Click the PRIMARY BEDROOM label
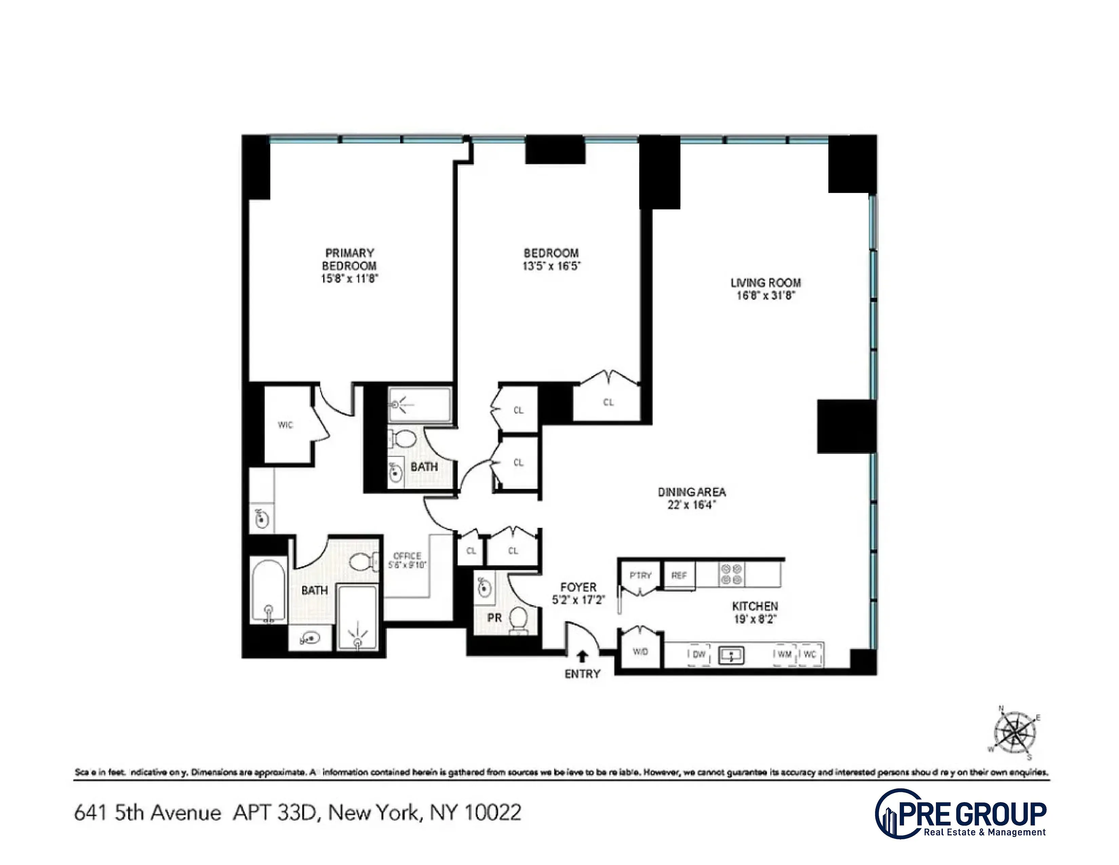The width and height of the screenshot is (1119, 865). tap(349, 259)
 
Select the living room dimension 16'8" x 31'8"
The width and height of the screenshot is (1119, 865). tap(765, 296)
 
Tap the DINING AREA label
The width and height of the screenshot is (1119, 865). tap(692, 492)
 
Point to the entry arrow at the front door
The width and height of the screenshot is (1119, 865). tap(582, 656)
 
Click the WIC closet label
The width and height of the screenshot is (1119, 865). tap(286, 425)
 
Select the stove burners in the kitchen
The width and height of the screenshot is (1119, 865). tap(732, 574)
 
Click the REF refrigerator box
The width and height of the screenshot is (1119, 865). tap(679, 575)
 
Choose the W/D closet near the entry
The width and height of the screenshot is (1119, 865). tap(640, 652)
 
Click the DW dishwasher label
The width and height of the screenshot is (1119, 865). tap(699, 654)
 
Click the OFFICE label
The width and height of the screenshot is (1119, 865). tap(407, 556)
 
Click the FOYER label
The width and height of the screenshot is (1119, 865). tap(578, 587)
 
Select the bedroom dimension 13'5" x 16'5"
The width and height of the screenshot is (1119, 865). tap(551, 266)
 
